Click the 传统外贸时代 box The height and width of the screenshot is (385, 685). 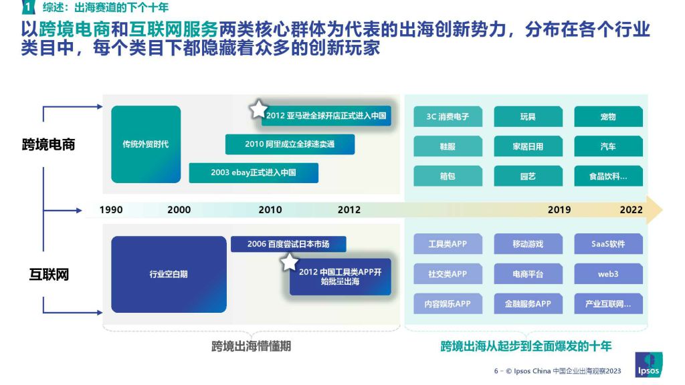(146, 144)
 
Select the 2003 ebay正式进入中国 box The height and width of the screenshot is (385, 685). (254, 173)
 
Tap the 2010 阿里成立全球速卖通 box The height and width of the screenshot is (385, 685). (290, 144)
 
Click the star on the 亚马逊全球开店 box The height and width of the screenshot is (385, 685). (258, 109)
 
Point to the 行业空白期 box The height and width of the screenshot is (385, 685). (169, 274)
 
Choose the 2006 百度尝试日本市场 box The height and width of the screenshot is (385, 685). (288, 244)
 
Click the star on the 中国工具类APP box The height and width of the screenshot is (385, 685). (289, 262)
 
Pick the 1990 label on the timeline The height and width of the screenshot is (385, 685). (111, 210)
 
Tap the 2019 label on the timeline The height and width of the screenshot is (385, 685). (559, 210)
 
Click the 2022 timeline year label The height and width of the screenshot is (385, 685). (631, 210)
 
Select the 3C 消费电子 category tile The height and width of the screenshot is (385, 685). (448, 116)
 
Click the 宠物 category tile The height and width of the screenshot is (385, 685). (608, 116)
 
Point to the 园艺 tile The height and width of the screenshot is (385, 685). (528, 176)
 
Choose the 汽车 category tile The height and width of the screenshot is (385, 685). (608, 146)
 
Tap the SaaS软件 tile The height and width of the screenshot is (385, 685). (608, 243)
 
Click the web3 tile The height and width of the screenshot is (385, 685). (608, 273)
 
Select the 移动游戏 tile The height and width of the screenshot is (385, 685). (528, 243)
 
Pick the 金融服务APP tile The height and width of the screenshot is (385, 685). (528, 303)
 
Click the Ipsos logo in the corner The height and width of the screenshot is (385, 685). (648, 365)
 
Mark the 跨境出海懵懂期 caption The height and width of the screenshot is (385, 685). (252, 346)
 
